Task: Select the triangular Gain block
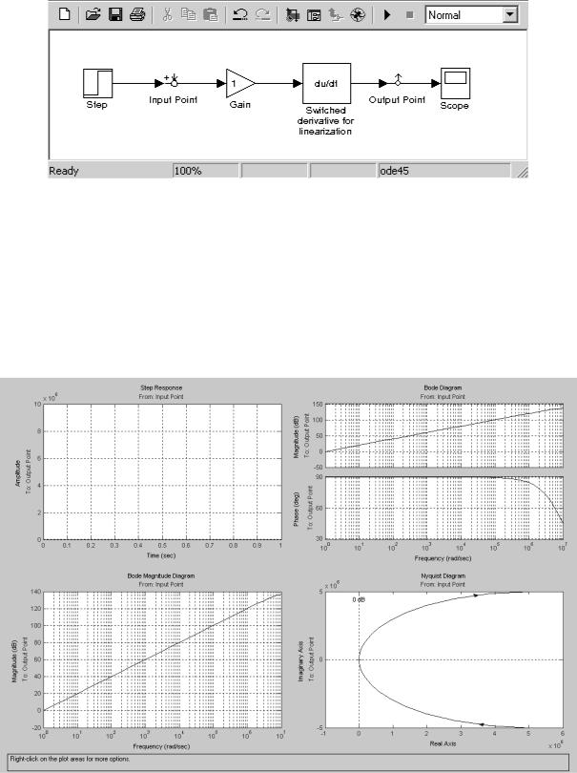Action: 239,83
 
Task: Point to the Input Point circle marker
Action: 174,84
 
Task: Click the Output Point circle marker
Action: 396,84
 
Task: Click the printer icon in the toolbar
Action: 137,15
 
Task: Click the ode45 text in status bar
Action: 394,172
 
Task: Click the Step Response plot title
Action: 161,388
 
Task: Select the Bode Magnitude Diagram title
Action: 161,576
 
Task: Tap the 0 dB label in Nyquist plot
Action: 359,599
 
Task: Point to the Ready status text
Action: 65,172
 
